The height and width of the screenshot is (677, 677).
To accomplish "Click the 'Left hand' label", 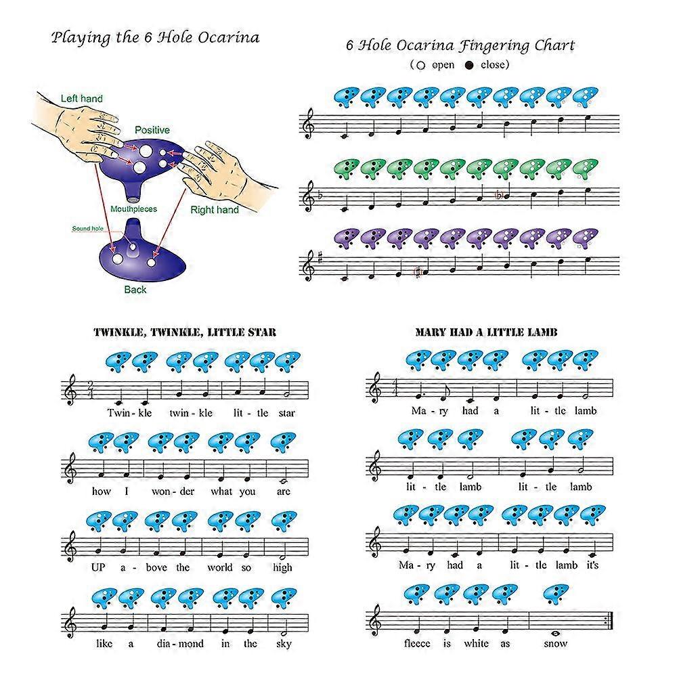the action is (x=82, y=98).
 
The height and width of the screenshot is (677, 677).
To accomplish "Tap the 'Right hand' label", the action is (x=215, y=210).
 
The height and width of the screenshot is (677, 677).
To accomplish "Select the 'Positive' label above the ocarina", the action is (x=152, y=130).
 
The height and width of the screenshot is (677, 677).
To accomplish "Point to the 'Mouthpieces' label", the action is (x=133, y=209).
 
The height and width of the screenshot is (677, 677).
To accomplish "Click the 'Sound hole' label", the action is (x=87, y=228).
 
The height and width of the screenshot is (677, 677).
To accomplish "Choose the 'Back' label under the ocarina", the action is (x=135, y=290).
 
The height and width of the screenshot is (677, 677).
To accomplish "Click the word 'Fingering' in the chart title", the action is (x=494, y=46).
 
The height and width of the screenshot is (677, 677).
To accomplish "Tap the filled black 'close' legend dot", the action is (x=469, y=66).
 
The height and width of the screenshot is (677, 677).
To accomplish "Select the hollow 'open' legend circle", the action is (x=420, y=66).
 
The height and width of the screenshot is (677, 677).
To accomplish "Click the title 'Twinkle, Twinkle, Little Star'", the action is (x=185, y=332).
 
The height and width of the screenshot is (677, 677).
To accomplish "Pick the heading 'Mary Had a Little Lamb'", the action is (x=486, y=332).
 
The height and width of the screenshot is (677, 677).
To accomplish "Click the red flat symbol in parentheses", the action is (x=499, y=195).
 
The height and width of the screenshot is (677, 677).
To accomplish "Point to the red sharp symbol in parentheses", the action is (x=418, y=272).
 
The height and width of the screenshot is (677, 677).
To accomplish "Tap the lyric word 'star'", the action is (x=286, y=413).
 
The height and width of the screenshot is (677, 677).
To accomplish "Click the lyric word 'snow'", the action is (x=555, y=643).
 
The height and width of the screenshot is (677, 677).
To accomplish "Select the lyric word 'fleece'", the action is (x=417, y=643).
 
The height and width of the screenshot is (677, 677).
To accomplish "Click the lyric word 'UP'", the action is (x=98, y=567).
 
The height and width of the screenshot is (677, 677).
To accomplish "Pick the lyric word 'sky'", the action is (x=284, y=645).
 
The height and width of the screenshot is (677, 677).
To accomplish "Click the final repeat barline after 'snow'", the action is (x=610, y=620).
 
